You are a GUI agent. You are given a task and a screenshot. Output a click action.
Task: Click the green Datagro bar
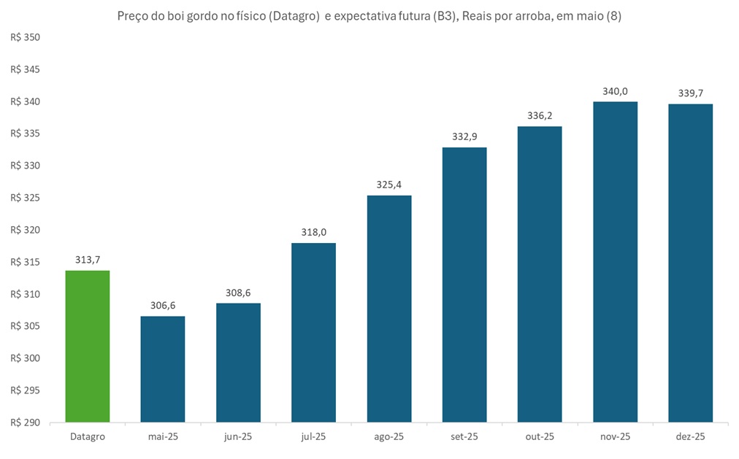pyautogui.click(x=88, y=347)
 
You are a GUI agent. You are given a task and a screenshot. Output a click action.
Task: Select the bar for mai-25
pyautogui.click(x=163, y=369)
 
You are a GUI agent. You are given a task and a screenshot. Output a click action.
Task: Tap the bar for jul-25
pyautogui.click(x=313, y=333)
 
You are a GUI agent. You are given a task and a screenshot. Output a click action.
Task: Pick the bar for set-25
pyautogui.click(x=464, y=285)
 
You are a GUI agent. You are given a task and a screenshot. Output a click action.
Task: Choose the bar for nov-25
pyautogui.click(x=615, y=262)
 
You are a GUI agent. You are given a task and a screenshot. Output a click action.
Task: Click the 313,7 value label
pyautogui.click(x=88, y=261)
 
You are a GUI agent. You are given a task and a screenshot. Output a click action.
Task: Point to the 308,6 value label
pyautogui.click(x=238, y=293)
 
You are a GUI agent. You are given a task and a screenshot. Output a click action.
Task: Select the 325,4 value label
pyautogui.click(x=388, y=185)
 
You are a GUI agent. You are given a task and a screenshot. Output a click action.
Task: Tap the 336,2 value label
pyautogui.click(x=540, y=116)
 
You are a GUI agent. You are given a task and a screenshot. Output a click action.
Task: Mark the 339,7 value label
pyautogui.click(x=690, y=93)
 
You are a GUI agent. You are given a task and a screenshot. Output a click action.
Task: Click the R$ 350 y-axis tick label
pyautogui.click(x=26, y=37)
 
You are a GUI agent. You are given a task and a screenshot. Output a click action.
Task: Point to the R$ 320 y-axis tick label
pyautogui.click(x=26, y=230)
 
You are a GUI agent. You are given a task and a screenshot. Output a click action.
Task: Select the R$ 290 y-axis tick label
pyautogui.click(x=26, y=423)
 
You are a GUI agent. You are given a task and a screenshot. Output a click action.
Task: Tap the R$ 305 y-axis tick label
pyautogui.click(x=26, y=326)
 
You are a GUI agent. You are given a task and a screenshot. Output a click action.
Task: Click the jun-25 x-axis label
pyautogui.click(x=238, y=437)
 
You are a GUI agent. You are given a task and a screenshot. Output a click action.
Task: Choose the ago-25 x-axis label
pyautogui.click(x=388, y=437)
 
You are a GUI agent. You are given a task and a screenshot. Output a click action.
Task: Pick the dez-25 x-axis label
pyautogui.click(x=690, y=437)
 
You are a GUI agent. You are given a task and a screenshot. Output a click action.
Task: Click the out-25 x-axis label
pyautogui.click(x=540, y=437)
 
